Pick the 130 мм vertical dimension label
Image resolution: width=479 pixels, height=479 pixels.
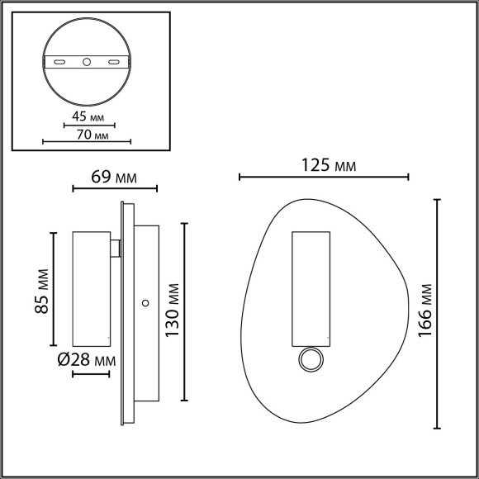pyautogui.click(x=172, y=312)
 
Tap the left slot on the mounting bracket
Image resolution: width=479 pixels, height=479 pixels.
pyautogui.click(x=59, y=62)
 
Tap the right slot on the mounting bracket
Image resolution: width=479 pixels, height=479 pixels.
pyautogui.click(x=114, y=62)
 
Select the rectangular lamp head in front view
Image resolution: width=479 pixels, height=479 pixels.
pyautogui.click(x=311, y=287)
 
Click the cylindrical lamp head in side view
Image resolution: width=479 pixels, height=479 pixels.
pyautogui.click(x=92, y=289)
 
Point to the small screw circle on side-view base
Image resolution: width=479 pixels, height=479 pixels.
pyautogui.click(x=145, y=303)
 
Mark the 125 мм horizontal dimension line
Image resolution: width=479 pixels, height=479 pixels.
pyautogui.click(x=323, y=177)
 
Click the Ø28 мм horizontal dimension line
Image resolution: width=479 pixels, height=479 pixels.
pyautogui.click(x=92, y=374)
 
